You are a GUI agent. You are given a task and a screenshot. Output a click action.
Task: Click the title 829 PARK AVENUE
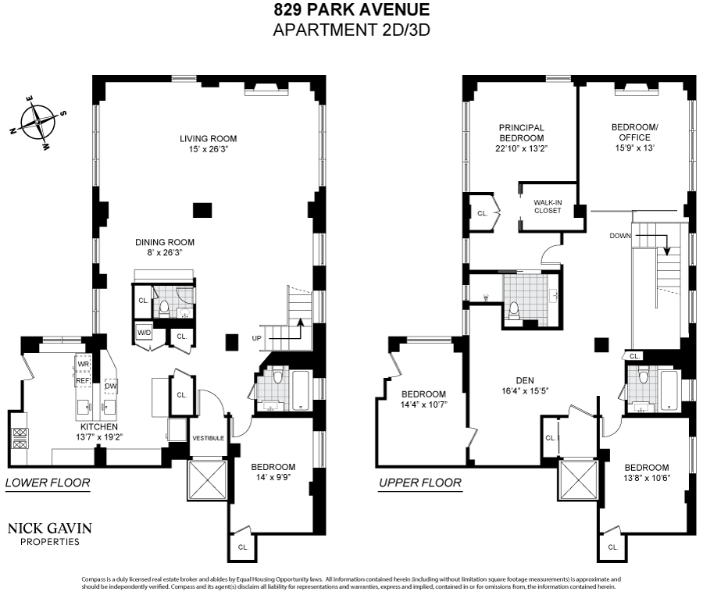[x=351, y=11]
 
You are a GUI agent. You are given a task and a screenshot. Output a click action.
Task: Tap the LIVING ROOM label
[x=207, y=139]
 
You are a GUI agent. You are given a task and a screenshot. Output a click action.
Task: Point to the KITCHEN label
[x=98, y=427]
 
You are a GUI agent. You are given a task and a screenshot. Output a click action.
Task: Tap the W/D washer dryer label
[x=144, y=333]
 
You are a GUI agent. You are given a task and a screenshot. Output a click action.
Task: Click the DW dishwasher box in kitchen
[x=110, y=386]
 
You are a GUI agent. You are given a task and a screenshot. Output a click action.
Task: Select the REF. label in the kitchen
[x=83, y=380]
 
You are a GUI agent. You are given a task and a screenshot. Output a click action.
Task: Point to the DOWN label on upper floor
[x=620, y=235]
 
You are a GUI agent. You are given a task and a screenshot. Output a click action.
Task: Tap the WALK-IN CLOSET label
[x=548, y=206]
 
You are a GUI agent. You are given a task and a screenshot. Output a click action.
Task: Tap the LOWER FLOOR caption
[x=48, y=483]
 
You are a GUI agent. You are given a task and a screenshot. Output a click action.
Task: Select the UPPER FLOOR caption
[x=420, y=483]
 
